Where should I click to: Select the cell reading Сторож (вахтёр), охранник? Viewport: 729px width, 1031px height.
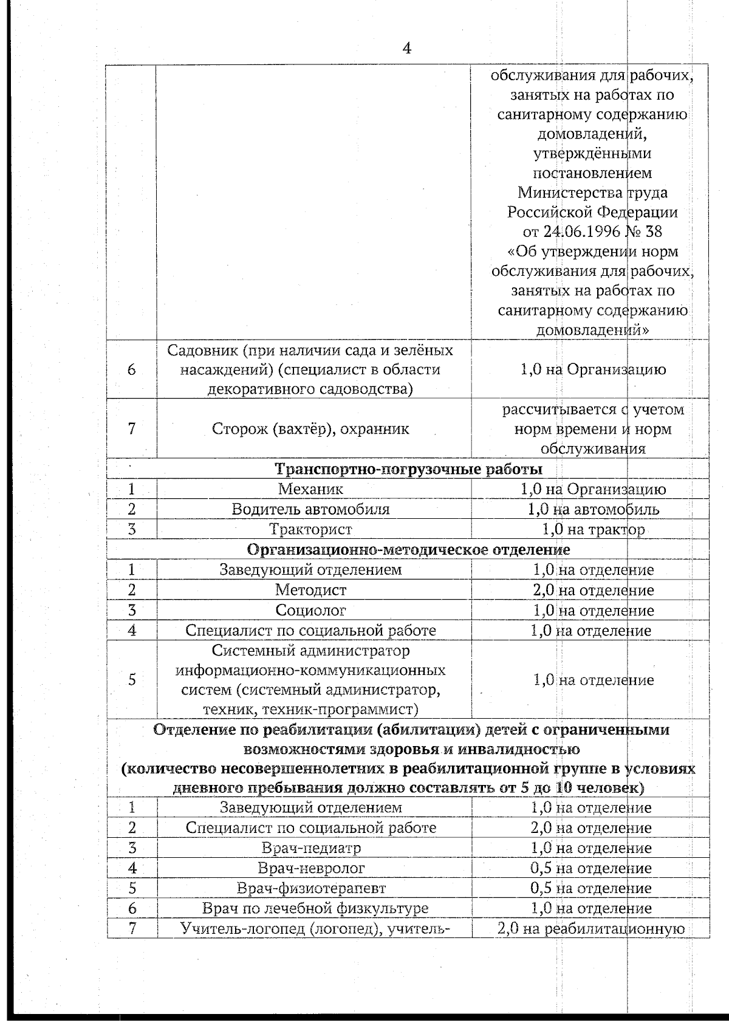click(310, 429)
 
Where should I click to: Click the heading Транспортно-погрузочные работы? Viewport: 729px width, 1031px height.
click(408, 469)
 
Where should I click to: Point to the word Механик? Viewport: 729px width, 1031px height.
click(310, 489)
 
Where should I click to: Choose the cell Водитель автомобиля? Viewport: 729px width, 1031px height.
click(310, 509)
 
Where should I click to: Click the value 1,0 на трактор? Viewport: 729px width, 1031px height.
click(593, 530)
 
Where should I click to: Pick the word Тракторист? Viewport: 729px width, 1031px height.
click(310, 530)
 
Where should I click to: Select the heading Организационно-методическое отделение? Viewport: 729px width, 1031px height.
click(408, 550)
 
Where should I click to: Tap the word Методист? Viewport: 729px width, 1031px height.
click(310, 590)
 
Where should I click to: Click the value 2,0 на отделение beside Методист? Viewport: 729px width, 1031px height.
click(593, 590)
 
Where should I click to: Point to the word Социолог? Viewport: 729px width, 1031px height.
click(310, 610)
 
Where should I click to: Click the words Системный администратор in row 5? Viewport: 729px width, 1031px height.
click(310, 651)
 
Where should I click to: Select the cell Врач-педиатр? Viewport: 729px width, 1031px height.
click(312, 848)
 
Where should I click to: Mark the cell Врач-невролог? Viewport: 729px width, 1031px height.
click(312, 868)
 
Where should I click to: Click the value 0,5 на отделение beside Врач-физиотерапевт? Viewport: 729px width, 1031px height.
click(590, 888)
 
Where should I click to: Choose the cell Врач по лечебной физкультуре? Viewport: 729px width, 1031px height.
click(315, 908)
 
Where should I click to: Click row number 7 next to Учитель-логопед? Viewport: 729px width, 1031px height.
click(132, 928)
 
